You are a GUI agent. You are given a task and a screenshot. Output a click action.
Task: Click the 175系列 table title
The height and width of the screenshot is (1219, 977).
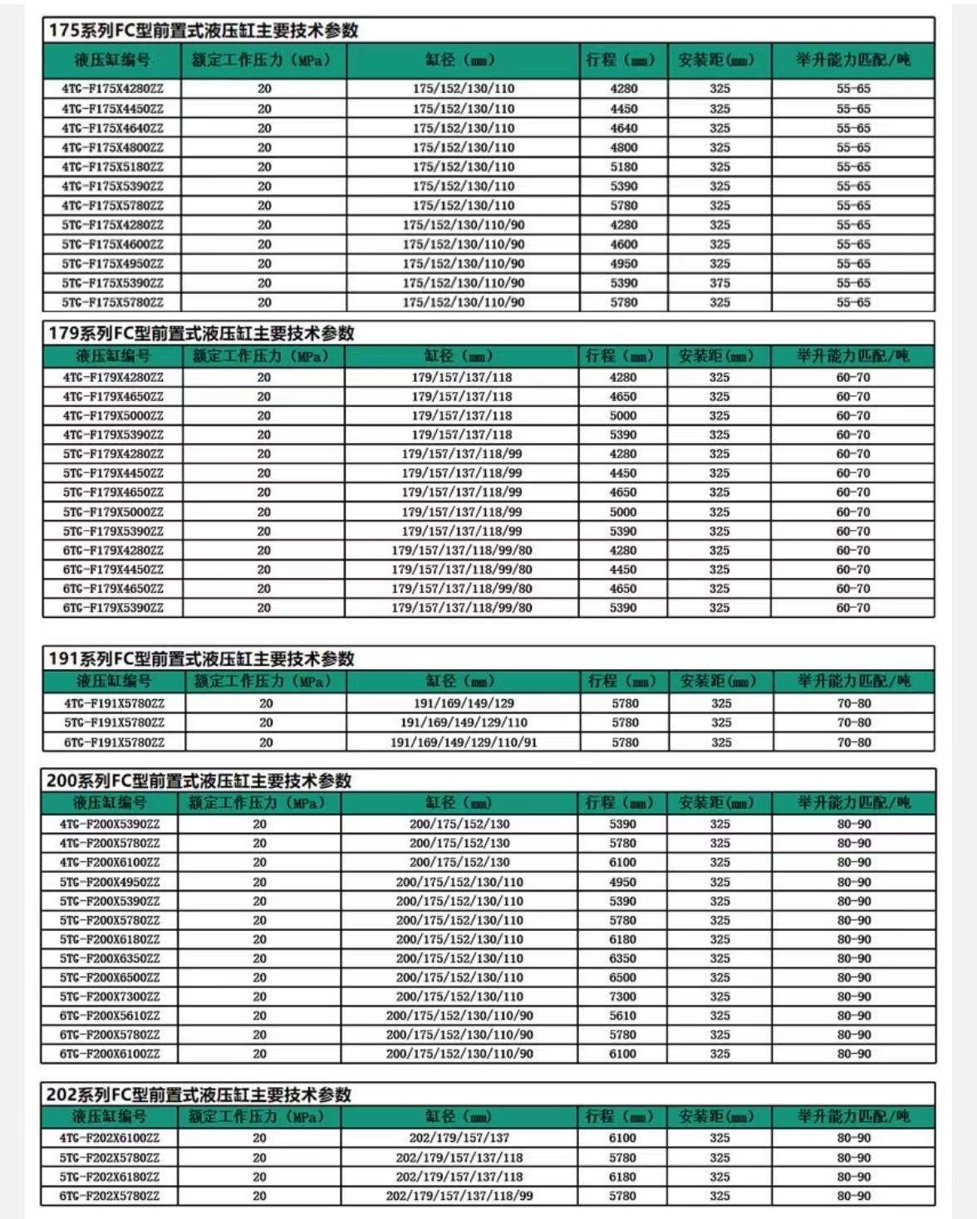pyautogui.click(x=204, y=31)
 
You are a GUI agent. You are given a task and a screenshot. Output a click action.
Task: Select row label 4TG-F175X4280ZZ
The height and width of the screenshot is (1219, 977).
pyautogui.click(x=112, y=89)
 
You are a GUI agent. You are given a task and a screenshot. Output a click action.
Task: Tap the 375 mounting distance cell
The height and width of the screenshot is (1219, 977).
pyautogui.click(x=719, y=283)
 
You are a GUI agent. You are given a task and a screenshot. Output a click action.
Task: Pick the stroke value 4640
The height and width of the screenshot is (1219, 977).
pyautogui.click(x=624, y=128)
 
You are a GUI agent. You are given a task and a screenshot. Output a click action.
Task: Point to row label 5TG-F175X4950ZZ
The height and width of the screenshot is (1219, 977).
pyautogui.click(x=112, y=264)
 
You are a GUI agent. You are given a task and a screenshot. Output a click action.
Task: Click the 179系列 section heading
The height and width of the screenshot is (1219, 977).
pyautogui.click(x=201, y=334)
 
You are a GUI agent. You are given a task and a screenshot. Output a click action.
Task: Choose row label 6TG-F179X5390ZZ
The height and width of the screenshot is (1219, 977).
pyautogui.click(x=113, y=608)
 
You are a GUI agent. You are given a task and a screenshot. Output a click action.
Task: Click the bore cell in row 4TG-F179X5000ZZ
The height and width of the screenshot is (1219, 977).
pyautogui.click(x=462, y=416)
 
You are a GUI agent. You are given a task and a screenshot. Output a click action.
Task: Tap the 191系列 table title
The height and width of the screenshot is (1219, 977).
pyautogui.click(x=201, y=659)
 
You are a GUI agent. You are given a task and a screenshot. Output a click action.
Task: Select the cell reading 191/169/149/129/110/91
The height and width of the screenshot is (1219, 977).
pyautogui.click(x=464, y=742)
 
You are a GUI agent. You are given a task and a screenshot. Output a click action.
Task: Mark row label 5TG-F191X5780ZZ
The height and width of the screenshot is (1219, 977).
pyautogui.click(x=114, y=722)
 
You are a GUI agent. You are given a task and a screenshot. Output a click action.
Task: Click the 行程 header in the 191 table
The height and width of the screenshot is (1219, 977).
pyautogui.click(x=621, y=682)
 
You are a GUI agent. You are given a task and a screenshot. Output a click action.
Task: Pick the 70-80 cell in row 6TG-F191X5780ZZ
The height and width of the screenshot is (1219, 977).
pyautogui.click(x=854, y=742)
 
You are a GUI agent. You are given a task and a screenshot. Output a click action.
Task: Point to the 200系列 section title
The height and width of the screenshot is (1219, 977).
pyautogui.click(x=199, y=781)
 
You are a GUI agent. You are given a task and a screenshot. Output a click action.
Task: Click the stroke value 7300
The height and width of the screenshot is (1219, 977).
pyautogui.click(x=622, y=996)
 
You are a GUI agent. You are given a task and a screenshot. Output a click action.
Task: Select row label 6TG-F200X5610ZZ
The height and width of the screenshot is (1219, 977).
pyautogui.click(x=110, y=1016)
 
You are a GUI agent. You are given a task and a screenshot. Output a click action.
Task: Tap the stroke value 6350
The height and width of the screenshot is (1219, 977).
pyautogui.click(x=622, y=958)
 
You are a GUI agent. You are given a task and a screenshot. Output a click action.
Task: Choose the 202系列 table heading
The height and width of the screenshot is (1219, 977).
pyautogui.click(x=199, y=1094)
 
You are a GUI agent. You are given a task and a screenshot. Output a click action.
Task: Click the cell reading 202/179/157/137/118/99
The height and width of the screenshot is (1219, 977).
pyautogui.click(x=459, y=1197)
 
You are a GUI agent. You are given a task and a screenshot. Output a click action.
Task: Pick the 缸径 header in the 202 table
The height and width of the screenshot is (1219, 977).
pyautogui.click(x=459, y=1117)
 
